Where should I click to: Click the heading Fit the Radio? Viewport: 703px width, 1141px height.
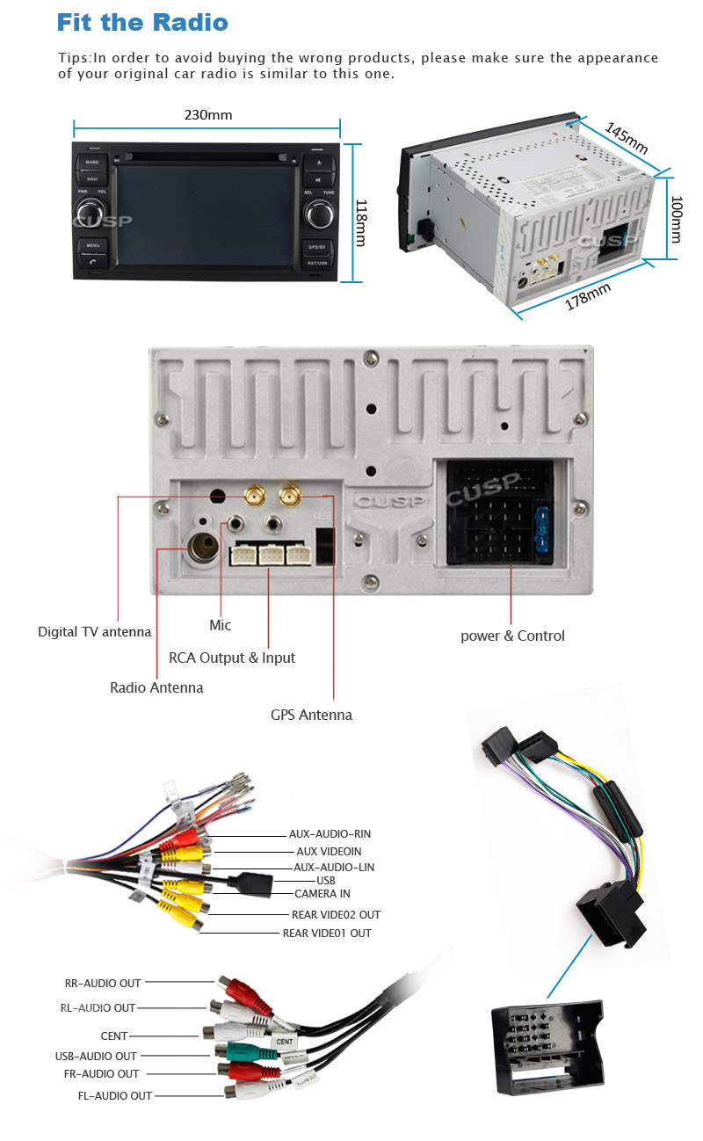coord(141,22)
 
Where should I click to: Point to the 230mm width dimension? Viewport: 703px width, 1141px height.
coord(208,115)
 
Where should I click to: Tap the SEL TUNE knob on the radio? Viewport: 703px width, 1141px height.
coord(319,212)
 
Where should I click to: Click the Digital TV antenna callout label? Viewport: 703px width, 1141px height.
coord(94,632)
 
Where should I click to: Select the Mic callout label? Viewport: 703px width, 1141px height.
coord(220,625)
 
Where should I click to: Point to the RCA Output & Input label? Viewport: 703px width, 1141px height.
coord(232,658)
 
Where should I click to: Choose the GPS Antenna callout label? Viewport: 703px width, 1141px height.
coord(311,715)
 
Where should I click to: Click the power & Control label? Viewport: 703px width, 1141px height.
coord(512,636)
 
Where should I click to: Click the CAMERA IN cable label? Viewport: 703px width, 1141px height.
coord(323,894)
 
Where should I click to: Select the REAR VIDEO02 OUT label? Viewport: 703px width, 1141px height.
coord(336,915)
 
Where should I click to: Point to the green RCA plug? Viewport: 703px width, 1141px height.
coord(236,1051)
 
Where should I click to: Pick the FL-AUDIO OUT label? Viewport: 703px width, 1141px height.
coord(114,1096)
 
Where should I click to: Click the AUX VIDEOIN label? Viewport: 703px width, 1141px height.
coord(329,852)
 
